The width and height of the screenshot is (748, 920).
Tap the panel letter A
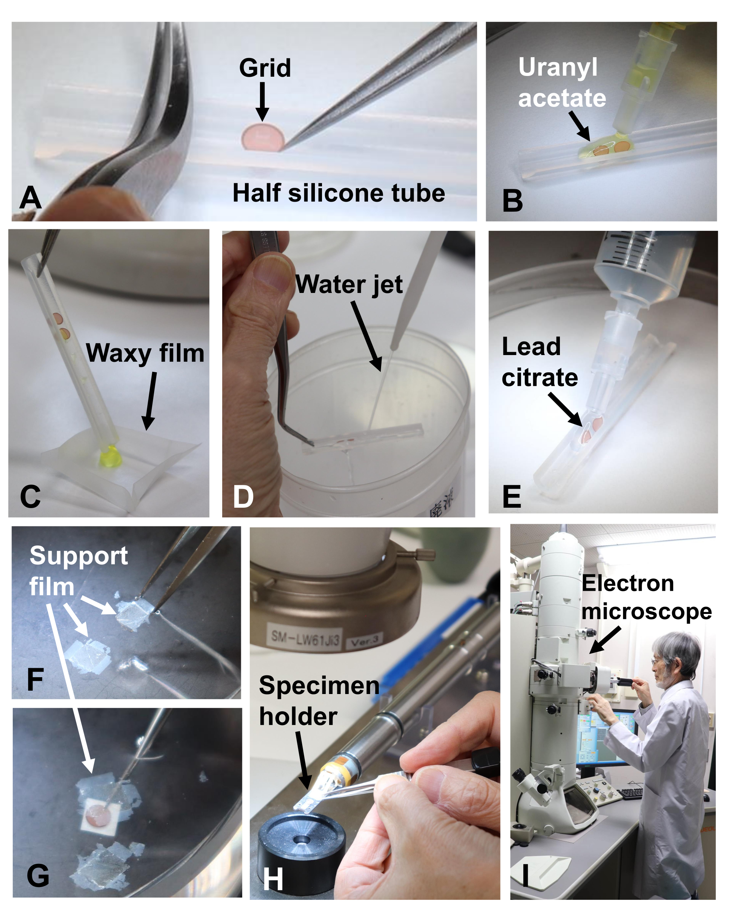click(30, 198)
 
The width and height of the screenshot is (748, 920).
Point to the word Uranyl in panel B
click(558, 68)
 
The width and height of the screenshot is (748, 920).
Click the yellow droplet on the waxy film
click(111, 458)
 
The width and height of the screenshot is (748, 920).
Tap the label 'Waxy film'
click(145, 353)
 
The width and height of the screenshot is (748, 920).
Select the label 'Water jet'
click(349, 284)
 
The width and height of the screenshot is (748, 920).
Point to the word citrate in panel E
click(539, 378)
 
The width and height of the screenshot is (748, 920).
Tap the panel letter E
click(512, 497)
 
